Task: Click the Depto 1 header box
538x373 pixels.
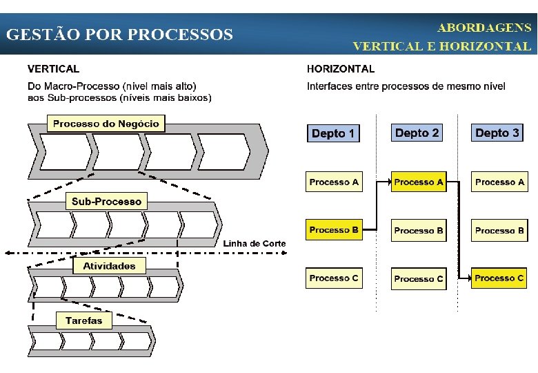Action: (x=333, y=133)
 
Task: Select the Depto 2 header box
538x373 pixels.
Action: (x=417, y=132)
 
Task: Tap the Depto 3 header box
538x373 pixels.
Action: (x=498, y=132)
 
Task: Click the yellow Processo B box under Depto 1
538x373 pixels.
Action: (x=335, y=230)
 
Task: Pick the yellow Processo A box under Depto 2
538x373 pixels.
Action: (x=419, y=182)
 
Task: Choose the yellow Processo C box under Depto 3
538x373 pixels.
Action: (x=499, y=278)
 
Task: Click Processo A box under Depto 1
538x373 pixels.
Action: (x=335, y=182)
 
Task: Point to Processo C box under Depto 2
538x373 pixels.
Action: (x=419, y=278)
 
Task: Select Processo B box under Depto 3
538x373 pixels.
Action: (x=499, y=231)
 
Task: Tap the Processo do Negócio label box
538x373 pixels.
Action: (x=106, y=124)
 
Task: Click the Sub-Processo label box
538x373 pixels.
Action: (x=106, y=202)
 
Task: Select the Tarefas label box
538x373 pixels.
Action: (x=83, y=321)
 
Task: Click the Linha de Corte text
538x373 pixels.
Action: (x=255, y=244)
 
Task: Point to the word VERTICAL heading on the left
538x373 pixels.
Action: (x=53, y=69)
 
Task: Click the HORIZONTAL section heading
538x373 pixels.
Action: (x=341, y=69)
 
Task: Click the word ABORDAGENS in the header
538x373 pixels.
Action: (x=484, y=28)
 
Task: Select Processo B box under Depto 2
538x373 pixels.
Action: (x=419, y=231)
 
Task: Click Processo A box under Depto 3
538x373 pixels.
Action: (x=499, y=182)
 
